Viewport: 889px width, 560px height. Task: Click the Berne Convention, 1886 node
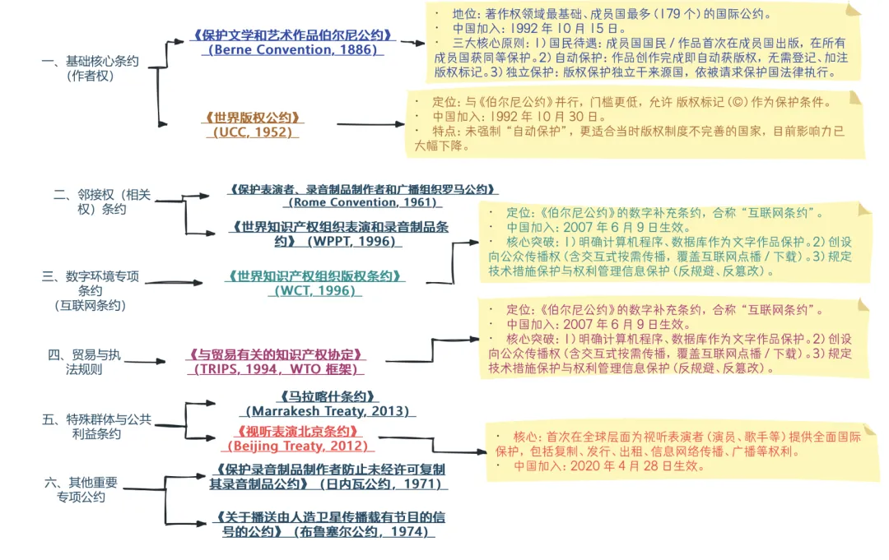293,43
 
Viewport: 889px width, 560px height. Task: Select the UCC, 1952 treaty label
253,124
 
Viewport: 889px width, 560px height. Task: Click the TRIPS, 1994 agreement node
276,362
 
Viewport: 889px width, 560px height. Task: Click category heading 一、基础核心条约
90,68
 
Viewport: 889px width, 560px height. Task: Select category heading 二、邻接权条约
102,201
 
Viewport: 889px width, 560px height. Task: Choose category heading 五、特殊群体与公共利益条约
96,426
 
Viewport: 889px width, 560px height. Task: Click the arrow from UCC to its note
370,124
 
